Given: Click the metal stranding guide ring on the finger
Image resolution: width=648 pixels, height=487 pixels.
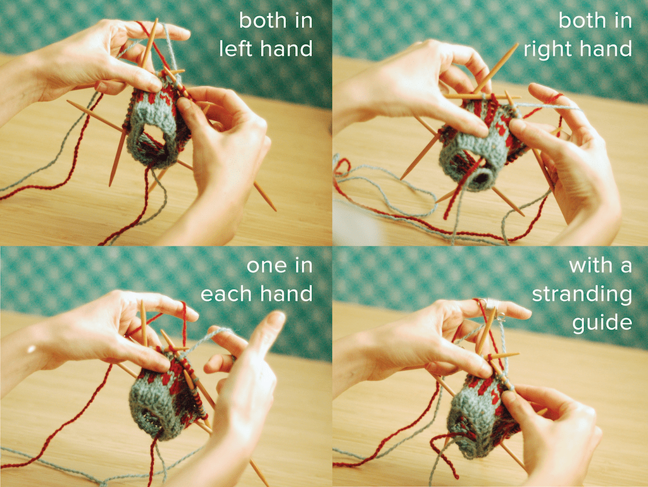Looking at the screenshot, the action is click(492, 304).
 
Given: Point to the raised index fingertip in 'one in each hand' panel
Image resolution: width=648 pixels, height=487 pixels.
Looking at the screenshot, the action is click(276, 318).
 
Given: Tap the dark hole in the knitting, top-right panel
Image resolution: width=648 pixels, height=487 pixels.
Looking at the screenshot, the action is click(481, 178).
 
